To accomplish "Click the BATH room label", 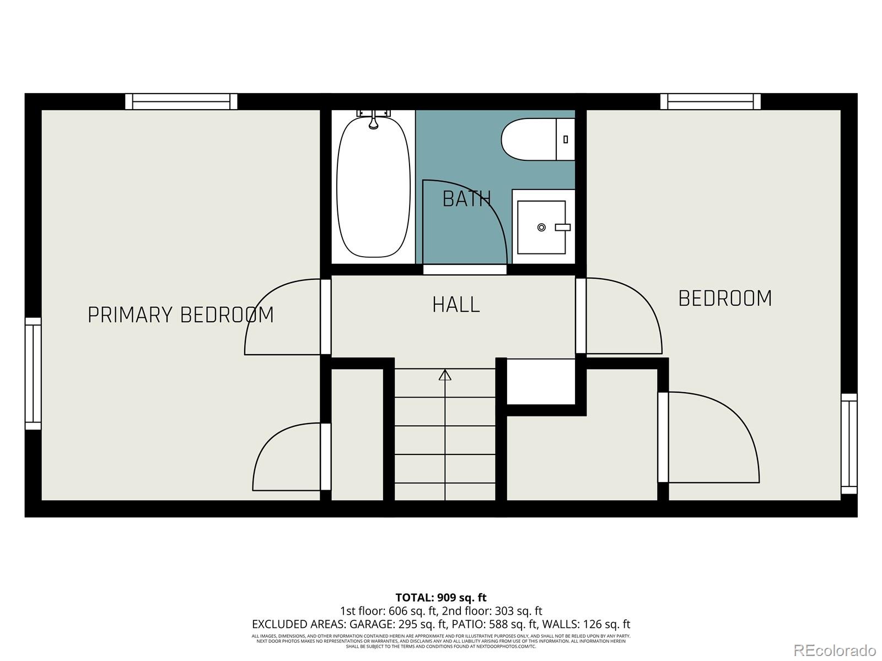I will pos(466,199).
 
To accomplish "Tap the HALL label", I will pos(456,305).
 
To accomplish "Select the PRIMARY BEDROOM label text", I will pos(181,315).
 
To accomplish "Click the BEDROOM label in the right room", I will pos(725,298).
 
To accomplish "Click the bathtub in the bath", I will pos(374,187).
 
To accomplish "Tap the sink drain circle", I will pos(541,227).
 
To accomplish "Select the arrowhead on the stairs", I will pos(445,375).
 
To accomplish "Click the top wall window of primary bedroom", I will pos(181,102).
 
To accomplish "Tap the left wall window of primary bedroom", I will pos(33,373).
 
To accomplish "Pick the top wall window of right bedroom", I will pos(711,102).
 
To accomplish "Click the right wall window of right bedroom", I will pos(849,443).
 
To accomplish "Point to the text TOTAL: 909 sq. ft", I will pos(441,597).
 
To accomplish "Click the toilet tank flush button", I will pos(566,139).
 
